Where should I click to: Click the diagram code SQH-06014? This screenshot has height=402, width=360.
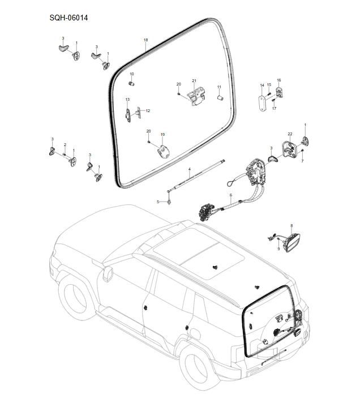click(x=68, y=18)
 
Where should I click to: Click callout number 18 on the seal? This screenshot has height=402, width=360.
click(x=145, y=40)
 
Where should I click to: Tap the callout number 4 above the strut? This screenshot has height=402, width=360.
click(x=190, y=169)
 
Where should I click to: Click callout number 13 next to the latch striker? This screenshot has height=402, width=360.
click(x=127, y=100)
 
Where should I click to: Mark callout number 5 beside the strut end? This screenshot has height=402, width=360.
click(x=158, y=202)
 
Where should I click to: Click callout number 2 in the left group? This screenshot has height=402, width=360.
click(x=65, y=145)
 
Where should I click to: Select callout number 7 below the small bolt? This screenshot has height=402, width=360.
click(x=302, y=161)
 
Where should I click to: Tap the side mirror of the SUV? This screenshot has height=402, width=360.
click(x=106, y=274)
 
